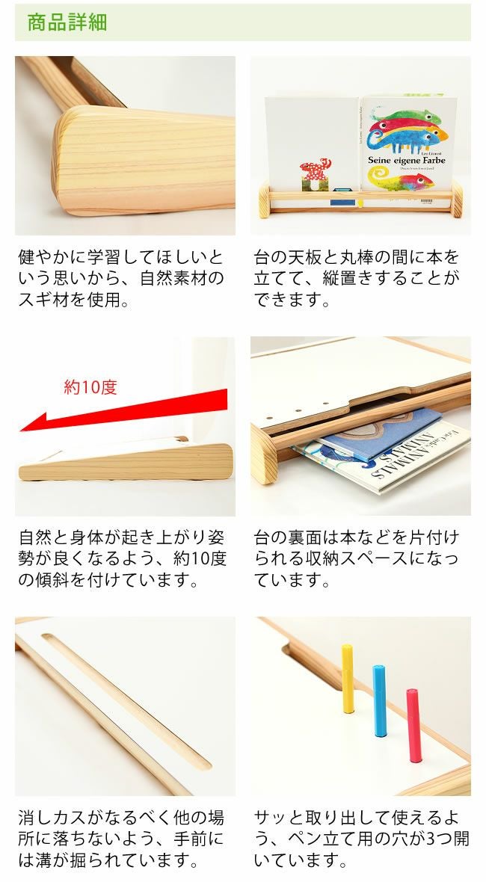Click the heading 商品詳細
67,22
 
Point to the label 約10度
90,387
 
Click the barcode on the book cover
427,200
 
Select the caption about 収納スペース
357,558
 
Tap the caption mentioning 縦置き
357,279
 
